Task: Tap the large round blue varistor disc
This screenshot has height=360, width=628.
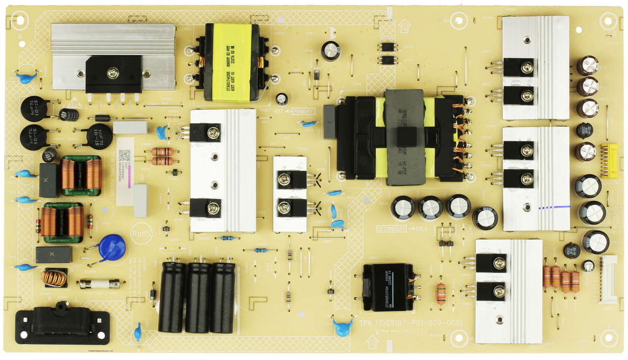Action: pos(112,248)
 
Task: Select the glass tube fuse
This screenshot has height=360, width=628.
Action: pos(100,283)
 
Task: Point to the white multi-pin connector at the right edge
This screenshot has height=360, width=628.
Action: pos(609,280)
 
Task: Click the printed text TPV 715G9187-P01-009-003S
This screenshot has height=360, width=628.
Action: pos(411,324)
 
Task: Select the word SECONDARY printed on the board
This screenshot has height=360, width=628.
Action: pos(392,229)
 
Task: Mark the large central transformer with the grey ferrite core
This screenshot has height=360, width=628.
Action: pos(404,137)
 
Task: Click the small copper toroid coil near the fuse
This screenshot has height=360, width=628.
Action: pos(53,278)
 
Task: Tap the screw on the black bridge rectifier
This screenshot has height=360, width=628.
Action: pos(113,73)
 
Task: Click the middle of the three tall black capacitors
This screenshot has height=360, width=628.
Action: pos(198,296)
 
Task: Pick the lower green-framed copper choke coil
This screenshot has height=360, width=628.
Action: pos(62,222)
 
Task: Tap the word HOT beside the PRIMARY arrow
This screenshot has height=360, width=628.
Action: pos(279,111)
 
